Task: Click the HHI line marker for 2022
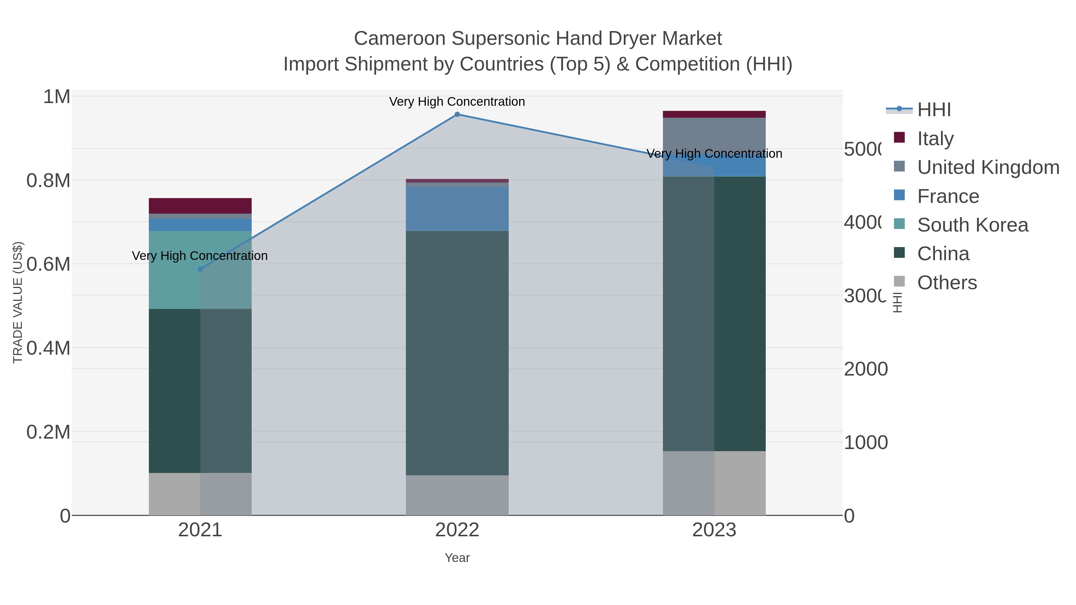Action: [x=457, y=114]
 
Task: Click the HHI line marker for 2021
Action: [x=200, y=269]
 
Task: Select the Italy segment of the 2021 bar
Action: [x=200, y=206]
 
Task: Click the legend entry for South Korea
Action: [x=972, y=225]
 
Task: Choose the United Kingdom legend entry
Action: [x=988, y=167]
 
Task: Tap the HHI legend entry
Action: [x=934, y=110]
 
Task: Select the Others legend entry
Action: [x=947, y=283]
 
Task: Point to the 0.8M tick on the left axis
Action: [x=48, y=181]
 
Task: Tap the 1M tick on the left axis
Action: [x=57, y=97]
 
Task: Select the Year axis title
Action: [x=457, y=558]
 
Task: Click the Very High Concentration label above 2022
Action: [x=457, y=102]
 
